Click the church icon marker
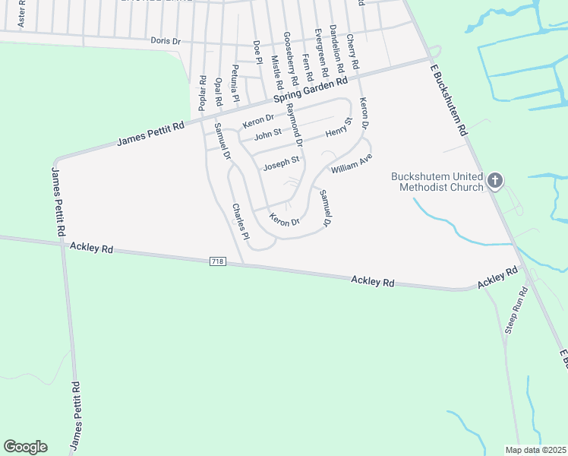pos(495,180)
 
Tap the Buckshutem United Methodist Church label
pos(437,182)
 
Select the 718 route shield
pos(218,261)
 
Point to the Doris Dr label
pos(166,40)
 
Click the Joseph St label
pos(281,163)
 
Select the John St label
pos(267,135)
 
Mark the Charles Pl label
pos(241,220)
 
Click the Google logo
pos(25,447)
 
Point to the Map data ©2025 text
pos(535,450)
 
